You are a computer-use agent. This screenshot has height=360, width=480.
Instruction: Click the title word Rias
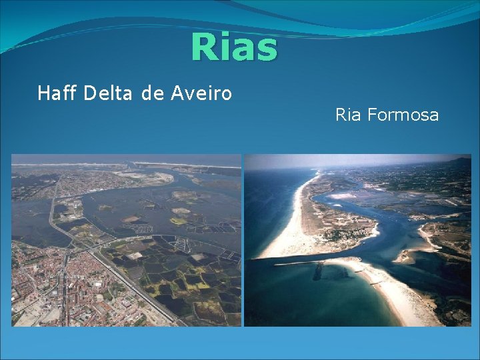233,47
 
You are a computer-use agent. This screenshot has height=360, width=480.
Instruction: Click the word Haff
58,93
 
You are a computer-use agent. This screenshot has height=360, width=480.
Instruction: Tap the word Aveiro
201,93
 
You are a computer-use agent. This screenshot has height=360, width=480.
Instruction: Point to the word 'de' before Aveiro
153,93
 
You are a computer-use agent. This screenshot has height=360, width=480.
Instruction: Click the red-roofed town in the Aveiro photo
47,280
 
